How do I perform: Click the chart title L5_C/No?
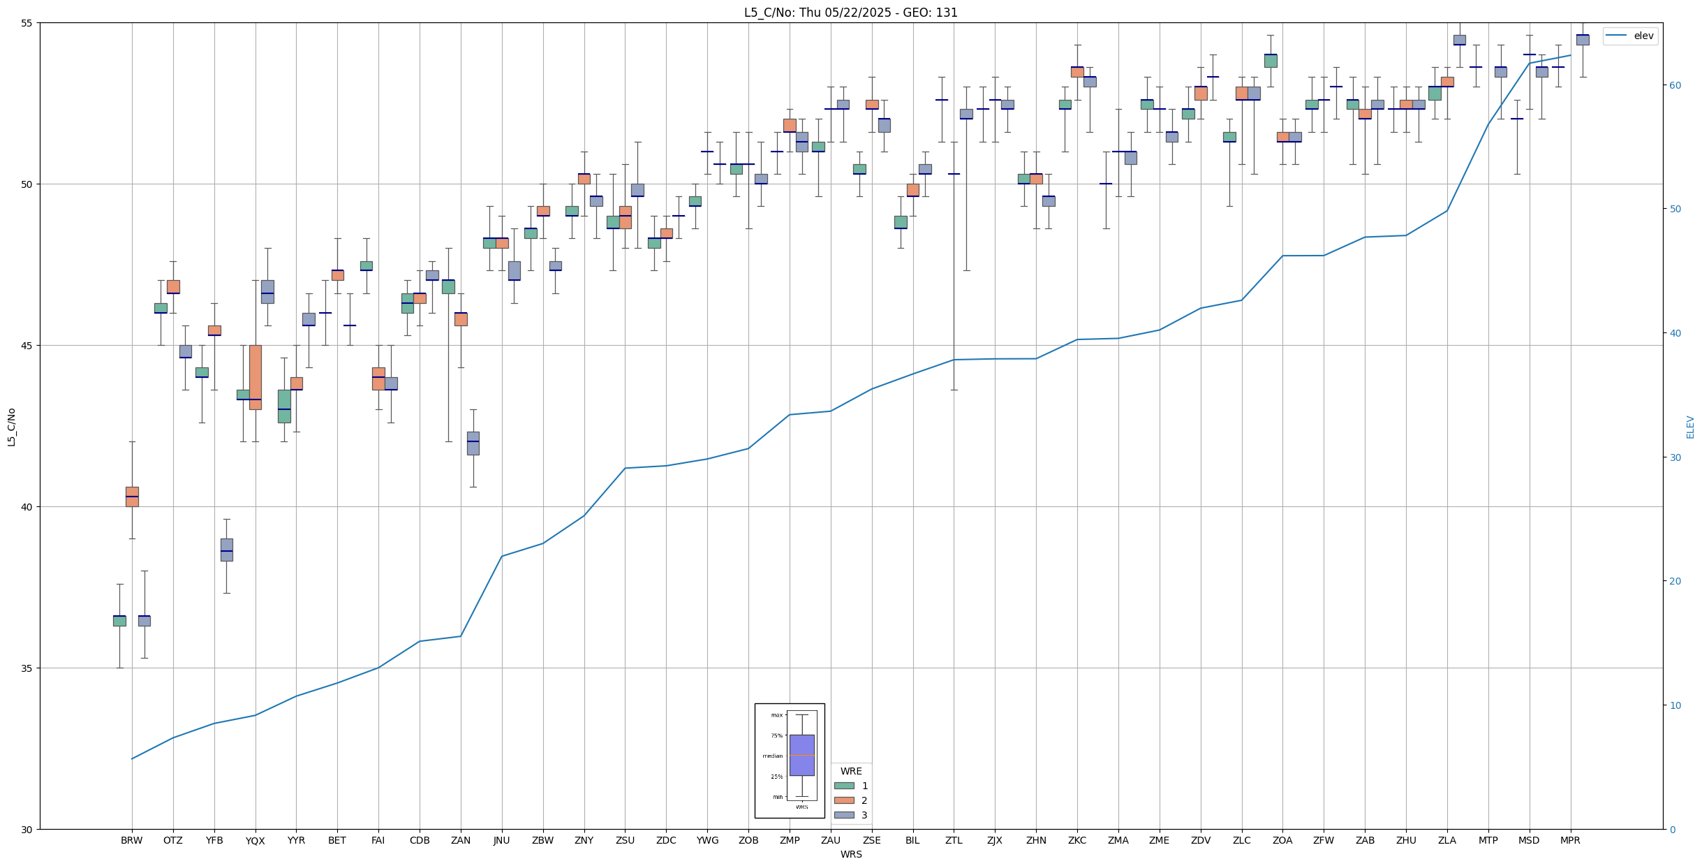[850, 13]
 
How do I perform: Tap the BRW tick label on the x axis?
[131, 840]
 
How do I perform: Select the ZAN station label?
[460, 840]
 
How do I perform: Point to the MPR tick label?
[1570, 840]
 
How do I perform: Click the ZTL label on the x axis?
[954, 840]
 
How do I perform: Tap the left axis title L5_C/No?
[11, 427]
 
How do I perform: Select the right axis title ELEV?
[1690, 427]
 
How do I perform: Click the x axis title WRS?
[851, 854]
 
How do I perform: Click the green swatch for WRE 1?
[844, 786]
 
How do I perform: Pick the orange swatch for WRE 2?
[844, 800]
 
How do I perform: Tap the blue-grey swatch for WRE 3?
[844, 815]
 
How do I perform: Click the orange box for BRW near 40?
[132, 497]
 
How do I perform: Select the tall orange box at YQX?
[256, 377]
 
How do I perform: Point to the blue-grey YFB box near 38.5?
[227, 550]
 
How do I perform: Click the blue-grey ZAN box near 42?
[473, 443]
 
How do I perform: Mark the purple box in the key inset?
[801, 755]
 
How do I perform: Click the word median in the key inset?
[772, 756]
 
